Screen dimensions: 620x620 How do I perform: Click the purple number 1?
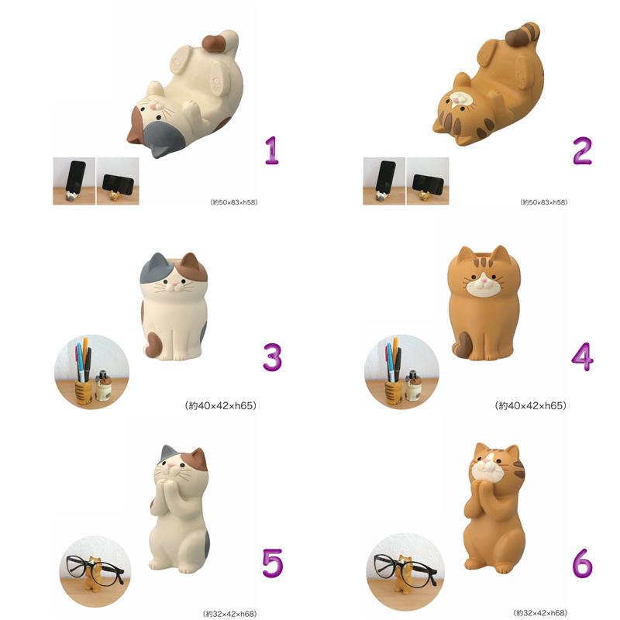[x=272, y=150]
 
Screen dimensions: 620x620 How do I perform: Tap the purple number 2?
[x=583, y=150]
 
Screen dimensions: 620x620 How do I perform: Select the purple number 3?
[x=273, y=357]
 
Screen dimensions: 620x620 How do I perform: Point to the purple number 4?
[x=583, y=357]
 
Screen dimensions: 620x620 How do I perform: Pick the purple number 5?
[x=273, y=563]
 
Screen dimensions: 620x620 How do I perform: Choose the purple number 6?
[x=583, y=563]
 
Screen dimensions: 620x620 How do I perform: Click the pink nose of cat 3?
[x=173, y=284]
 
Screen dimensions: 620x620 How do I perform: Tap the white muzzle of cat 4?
[x=483, y=288]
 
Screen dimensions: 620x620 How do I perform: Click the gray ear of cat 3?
[x=158, y=260]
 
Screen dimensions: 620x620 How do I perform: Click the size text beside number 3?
[x=221, y=405]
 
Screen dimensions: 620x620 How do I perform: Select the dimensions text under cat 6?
[x=539, y=612]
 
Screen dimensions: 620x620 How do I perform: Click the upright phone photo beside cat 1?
[x=74, y=181]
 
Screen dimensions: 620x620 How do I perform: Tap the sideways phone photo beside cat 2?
[x=428, y=181]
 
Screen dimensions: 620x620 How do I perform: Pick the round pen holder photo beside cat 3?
[x=91, y=372]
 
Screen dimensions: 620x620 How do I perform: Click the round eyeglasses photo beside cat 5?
[x=95, y=571]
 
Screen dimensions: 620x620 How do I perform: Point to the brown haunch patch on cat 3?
[x=152, y=343]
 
